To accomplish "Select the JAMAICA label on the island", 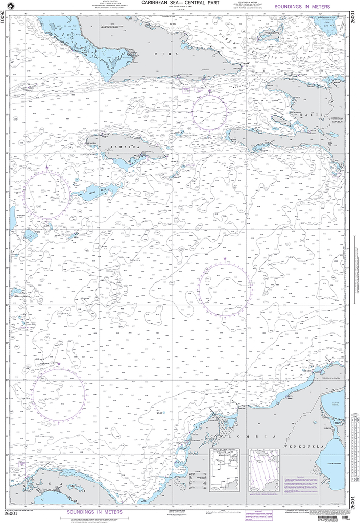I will click(127, 147).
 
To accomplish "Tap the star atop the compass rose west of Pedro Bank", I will click(47, 167).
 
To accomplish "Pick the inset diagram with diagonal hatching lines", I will click(263, 468).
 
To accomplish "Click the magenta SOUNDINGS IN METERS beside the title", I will click(302, 7).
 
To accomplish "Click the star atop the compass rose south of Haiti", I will click(225, 259).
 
